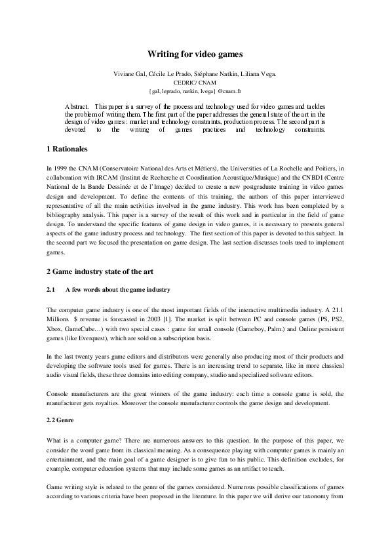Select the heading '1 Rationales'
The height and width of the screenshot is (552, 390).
pos(73,150)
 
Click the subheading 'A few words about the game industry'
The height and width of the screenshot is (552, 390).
pos(117,290)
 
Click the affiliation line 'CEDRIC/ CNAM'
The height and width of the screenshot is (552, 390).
pos(195,84)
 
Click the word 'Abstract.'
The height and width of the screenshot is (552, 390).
pos(78,106)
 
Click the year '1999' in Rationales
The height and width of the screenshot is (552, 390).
pos(63,168)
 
